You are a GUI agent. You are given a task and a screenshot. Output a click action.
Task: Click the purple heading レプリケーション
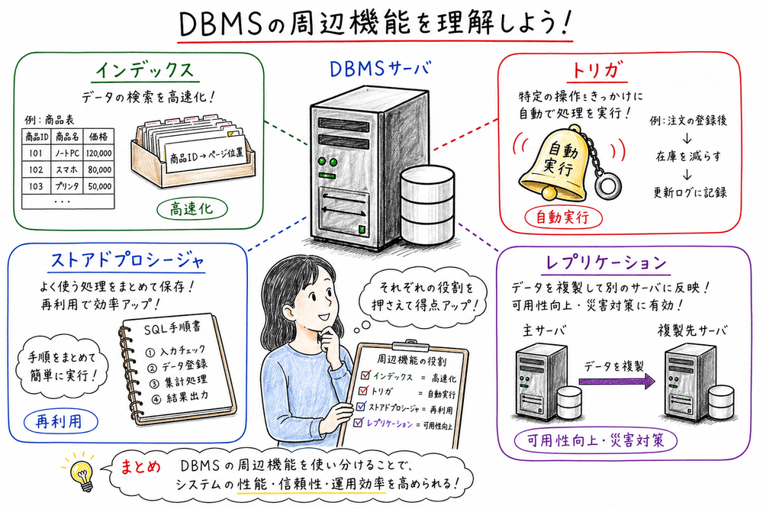coord(607,263)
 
